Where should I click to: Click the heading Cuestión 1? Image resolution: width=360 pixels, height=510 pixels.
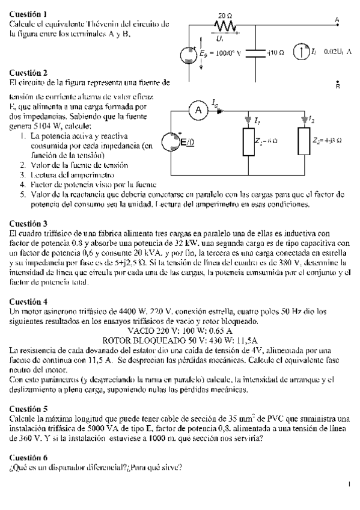click(29, 13)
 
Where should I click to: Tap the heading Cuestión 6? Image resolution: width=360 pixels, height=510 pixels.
click(29, 458)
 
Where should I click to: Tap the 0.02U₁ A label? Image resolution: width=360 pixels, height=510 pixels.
click(337, 52)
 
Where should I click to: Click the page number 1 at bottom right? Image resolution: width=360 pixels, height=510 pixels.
click(349, 482)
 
